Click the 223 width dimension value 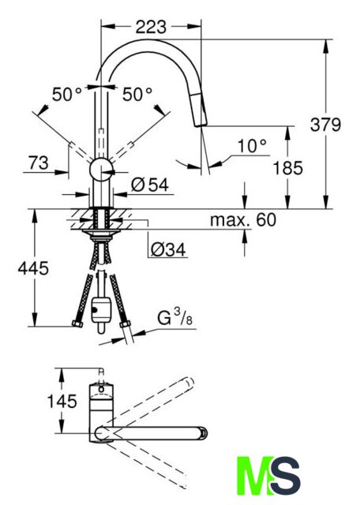(151, 27)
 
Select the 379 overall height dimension (325, 125)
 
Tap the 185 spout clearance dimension (288, 168)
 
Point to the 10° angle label (252, 146)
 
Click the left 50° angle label (67, 95)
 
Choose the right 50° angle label (137, 95)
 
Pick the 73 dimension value (39, 163)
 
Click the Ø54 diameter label (150, 185)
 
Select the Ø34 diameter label (168, 249)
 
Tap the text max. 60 (243, 220)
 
